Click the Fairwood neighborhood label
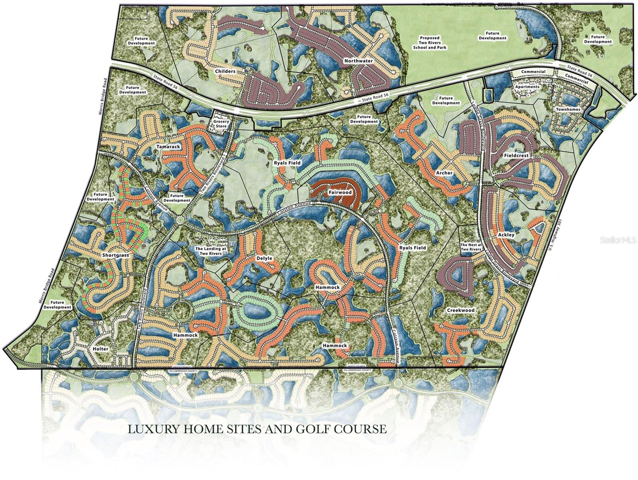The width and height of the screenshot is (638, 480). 340,192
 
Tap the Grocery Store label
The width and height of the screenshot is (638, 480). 221,124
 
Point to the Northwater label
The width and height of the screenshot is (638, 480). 358,61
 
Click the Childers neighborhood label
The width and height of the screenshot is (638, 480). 225,71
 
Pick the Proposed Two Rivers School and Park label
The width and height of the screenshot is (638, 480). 430,42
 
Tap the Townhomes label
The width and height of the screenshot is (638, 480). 568,109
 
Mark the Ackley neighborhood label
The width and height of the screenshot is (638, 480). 506,235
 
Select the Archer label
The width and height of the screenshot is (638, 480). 444,173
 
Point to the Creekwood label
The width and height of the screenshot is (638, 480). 460,310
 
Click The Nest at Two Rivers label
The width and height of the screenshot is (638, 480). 470,247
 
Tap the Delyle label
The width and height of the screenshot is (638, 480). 264,258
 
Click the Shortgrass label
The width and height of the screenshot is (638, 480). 115,255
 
